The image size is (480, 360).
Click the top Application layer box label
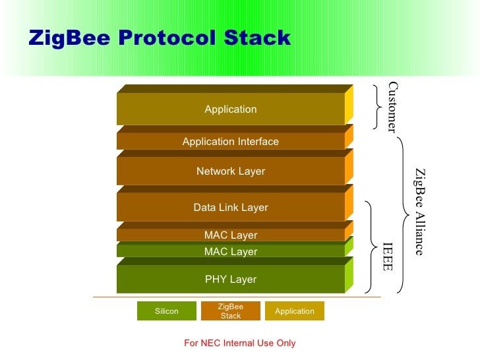230,109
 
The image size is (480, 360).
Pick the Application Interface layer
230,142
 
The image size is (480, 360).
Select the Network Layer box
230,171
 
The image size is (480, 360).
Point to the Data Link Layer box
230,208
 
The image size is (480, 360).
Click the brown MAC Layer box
230,235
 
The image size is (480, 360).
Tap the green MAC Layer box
230,252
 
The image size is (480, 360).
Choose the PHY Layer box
230,280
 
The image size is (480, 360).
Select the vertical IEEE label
388,256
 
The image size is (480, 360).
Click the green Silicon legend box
166,311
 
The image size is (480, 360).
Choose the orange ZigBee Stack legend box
230,311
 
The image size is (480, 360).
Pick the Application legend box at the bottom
294,311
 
